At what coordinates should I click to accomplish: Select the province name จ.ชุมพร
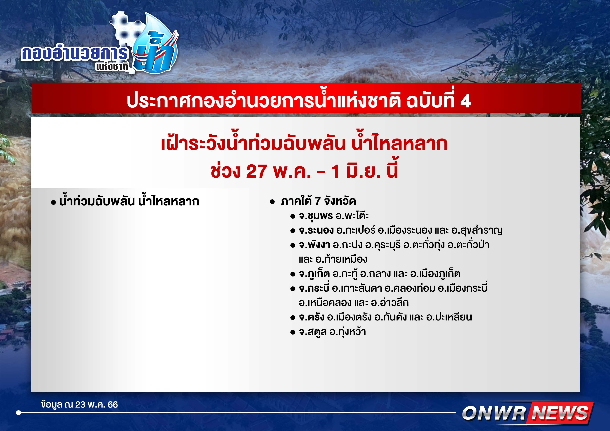point(316,216)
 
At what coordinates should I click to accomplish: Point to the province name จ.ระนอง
point(316,230)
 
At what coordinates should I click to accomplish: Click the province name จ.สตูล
point(312,332)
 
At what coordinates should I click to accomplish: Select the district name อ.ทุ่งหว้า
point(347,332)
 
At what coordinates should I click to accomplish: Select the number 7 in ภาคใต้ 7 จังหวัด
point(318,201)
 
